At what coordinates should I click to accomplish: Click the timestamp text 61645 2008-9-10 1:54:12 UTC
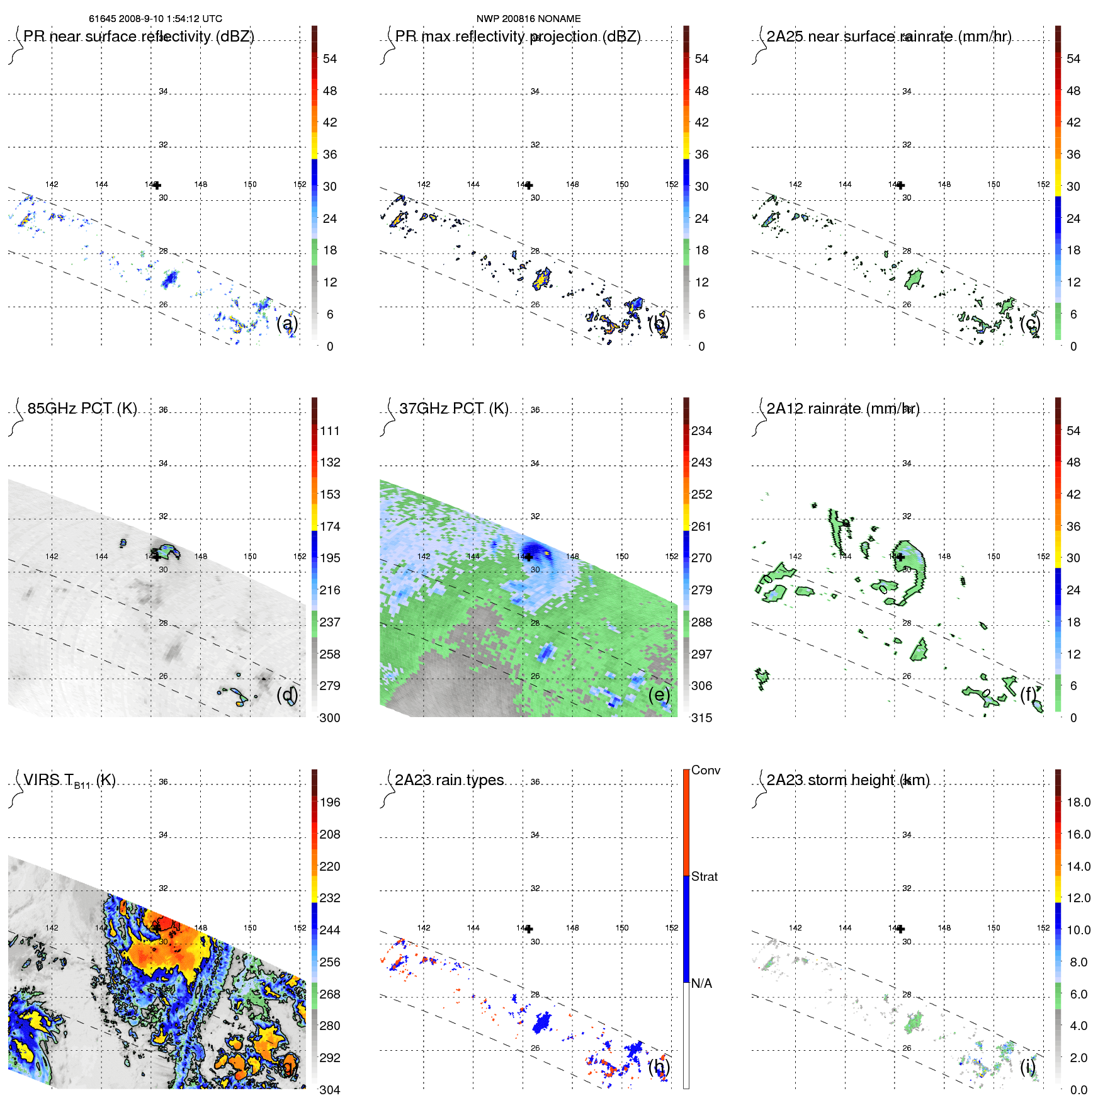click(156, 19)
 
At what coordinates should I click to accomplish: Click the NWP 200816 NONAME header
click(528, 19)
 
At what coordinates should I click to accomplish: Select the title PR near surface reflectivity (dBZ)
click(139, 37)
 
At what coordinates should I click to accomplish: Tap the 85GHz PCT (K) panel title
click(82, 409)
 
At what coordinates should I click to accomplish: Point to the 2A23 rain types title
click(450, 780)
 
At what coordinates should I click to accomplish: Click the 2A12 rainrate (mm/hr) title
click(842, 409)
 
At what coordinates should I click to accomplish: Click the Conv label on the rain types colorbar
click(706, 770)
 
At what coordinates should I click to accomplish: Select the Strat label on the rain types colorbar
click(705, 876)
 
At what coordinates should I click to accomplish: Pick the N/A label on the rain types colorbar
click(701, 983)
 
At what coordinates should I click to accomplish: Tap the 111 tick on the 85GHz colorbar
click(330, 431)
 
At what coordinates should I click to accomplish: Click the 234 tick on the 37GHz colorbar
click(701, 431)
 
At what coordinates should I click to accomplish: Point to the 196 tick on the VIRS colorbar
click(330, 802)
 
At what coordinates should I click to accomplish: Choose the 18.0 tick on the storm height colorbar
click(1078, 802)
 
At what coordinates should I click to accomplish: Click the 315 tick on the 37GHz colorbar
click(701, 718)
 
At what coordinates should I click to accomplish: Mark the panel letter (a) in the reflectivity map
click(287, 324)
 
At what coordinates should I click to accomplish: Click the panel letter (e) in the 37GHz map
click(659, 694)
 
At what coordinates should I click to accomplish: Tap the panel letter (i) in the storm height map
click(1027, 1067)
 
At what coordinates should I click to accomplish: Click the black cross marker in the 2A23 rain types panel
click(529, 929)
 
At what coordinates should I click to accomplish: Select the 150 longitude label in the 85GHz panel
click(250, 557)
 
